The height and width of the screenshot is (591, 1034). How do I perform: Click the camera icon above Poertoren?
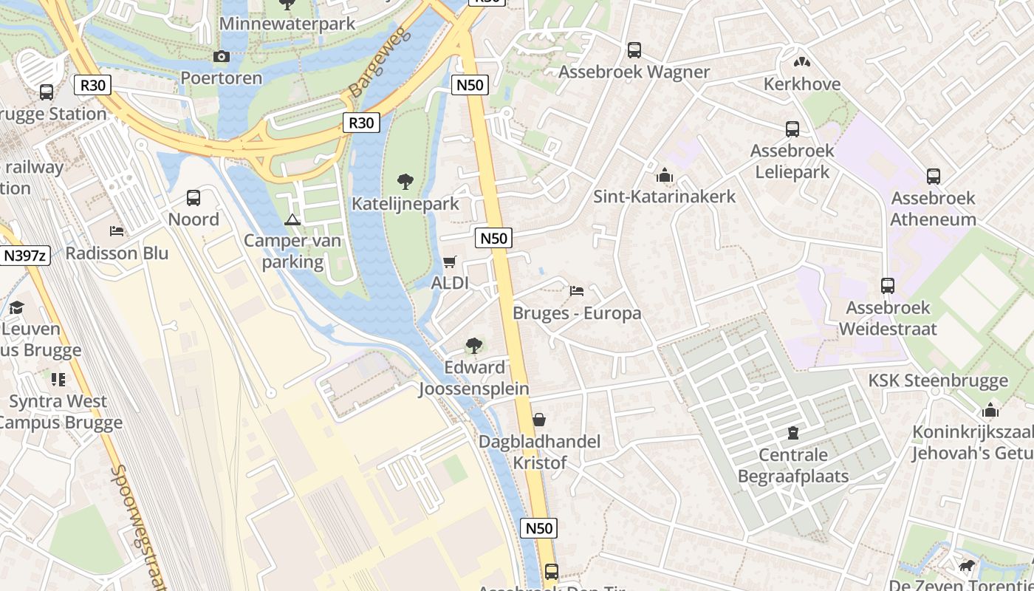coord(221,56)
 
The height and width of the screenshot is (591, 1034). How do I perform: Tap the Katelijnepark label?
coord(405,204)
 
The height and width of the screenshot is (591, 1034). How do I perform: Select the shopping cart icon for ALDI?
coord(449,262)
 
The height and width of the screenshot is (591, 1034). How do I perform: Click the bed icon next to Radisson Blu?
coord(117,231)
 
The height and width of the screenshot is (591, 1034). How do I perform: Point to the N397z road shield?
coord(25,256)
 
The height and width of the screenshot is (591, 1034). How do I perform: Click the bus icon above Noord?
coord(194,198)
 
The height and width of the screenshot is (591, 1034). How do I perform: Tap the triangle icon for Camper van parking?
coord(292,219)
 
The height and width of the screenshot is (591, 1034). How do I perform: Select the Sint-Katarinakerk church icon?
coord(664,176)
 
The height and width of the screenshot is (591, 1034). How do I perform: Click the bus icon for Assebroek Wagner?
coord(634,50)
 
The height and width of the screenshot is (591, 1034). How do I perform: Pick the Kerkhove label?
coord(801,84)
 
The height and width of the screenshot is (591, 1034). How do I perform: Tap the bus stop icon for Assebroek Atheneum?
coord(933,177)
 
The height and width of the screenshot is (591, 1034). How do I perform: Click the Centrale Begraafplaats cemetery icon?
coord(793,432)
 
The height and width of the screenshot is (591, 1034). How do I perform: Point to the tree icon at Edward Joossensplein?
coord(474,345)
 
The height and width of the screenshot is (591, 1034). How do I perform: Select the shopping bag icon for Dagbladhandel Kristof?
coord(539,420)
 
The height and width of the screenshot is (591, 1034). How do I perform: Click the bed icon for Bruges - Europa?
coord(577,291)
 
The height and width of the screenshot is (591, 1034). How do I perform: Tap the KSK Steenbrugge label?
coord(937,381)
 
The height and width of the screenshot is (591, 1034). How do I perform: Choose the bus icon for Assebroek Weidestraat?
coord(887,285)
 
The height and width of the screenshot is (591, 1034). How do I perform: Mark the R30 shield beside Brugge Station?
coord(92,85)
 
